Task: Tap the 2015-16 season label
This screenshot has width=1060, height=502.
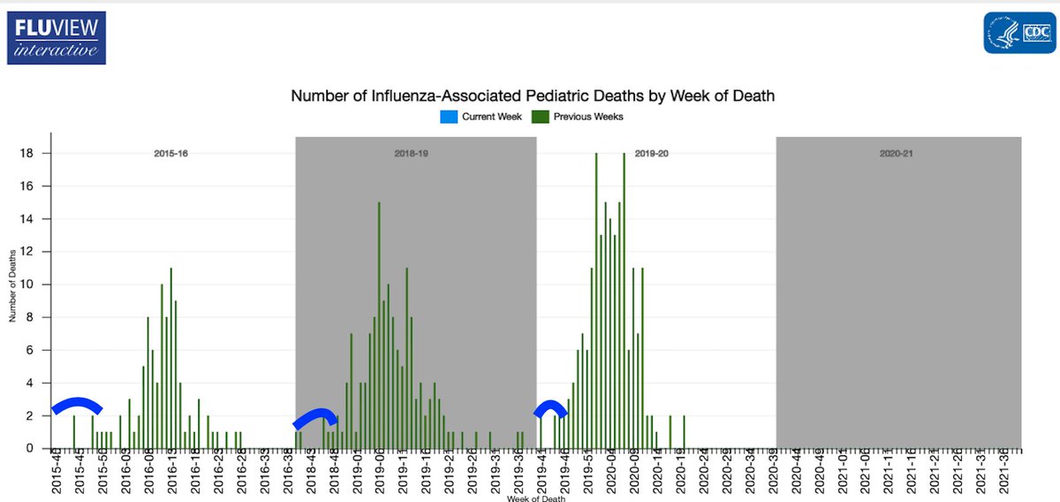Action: click(171, 154)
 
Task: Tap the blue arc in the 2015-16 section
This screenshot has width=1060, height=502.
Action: click(77, 405)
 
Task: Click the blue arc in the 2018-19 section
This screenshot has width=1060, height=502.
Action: click(315, 417)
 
